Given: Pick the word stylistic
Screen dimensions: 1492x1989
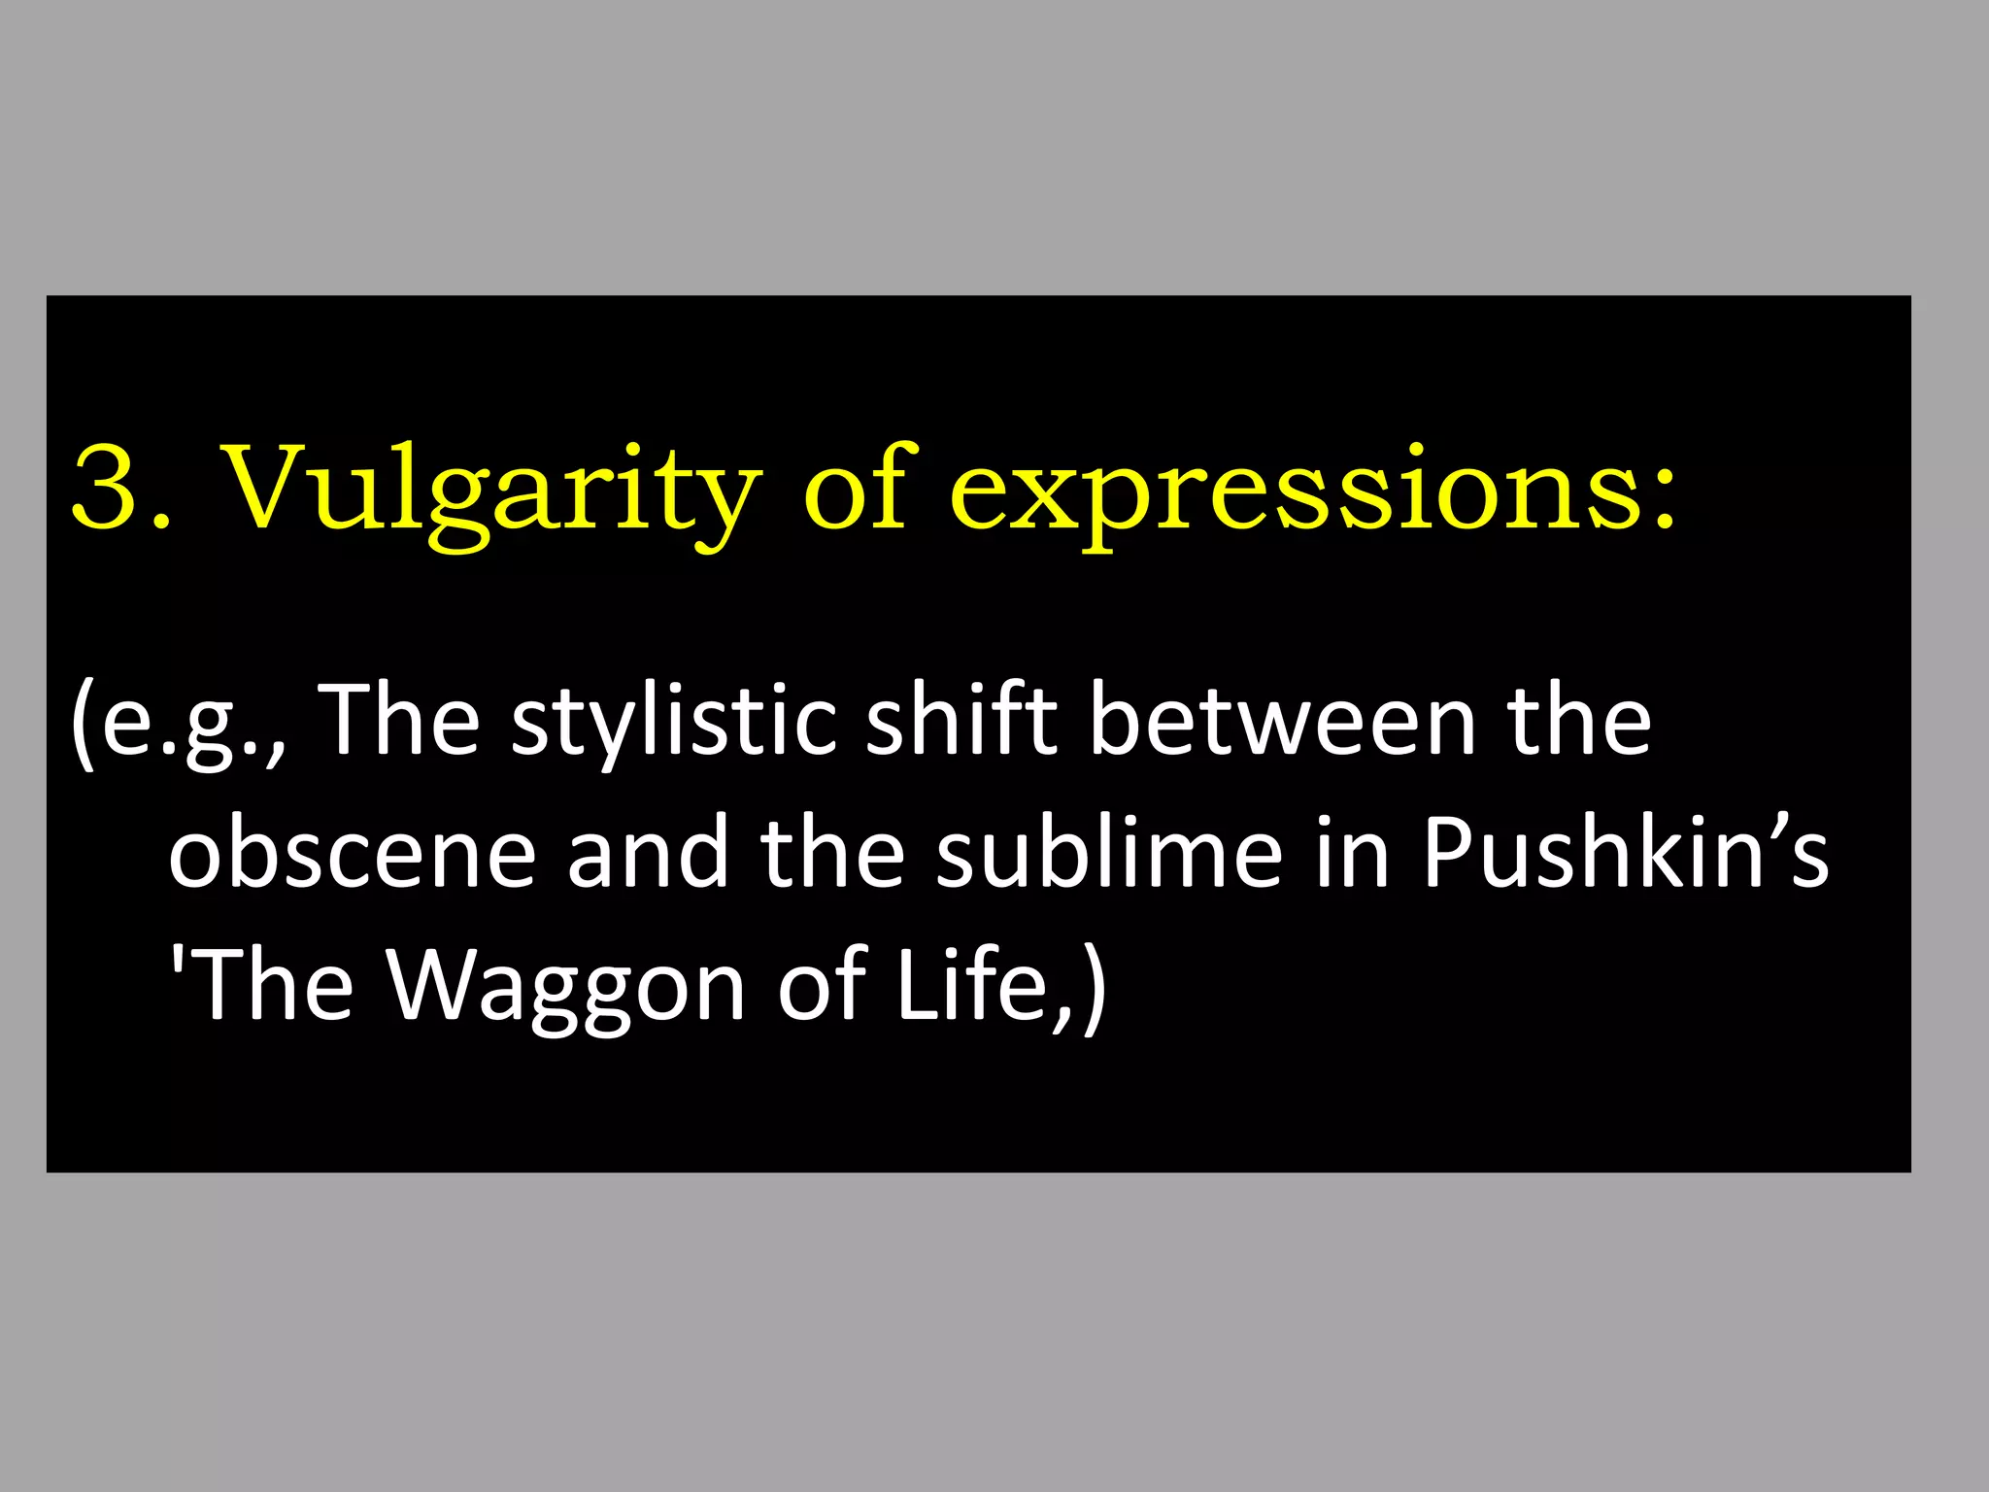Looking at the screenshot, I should point(674,724).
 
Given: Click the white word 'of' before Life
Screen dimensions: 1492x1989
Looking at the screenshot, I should point(822,985).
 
